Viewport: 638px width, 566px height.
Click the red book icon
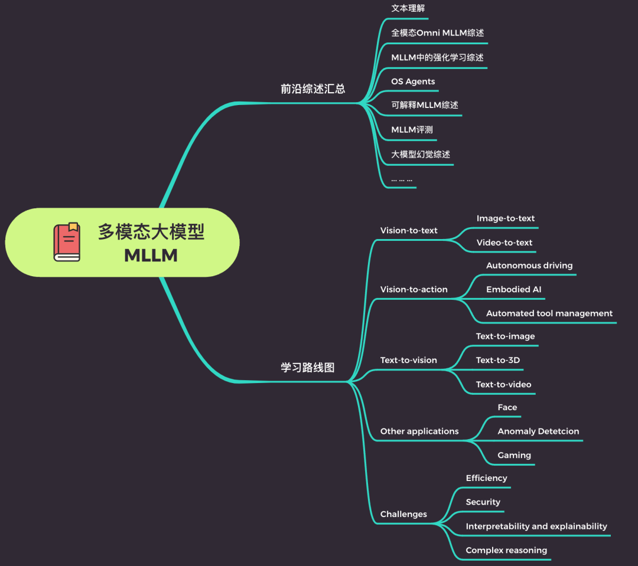[x=67, y=242]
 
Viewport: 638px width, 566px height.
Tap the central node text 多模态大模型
[x=151, y=232]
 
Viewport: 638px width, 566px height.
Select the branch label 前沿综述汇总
[x=313, y=89]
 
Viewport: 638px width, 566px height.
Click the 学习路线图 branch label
[x=307, y=368]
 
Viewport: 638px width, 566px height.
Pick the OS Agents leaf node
[x=413, y=81]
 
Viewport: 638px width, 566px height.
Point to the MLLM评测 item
[x=412, y=130]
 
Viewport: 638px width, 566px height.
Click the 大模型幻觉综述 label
[x=421, y=155]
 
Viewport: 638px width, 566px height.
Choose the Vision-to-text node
[x=409, y=231]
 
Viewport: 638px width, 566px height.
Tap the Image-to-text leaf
[x=506, y=218]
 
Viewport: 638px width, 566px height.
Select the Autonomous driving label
[x=529, y=266]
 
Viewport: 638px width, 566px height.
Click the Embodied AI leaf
[x=513, y=290]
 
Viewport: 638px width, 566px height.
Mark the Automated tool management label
[x=549, y=313]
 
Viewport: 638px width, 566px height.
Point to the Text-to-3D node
[x=498, y=360]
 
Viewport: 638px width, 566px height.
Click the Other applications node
[x=419, y=431]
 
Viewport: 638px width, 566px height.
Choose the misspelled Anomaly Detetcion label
[x=538, y=431]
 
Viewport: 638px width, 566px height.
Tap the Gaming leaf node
[x=514, y=456]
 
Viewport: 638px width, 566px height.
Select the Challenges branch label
[x=403, y=514]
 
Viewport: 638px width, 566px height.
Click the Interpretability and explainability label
[x=536, y=526]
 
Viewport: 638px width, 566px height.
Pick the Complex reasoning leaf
[x=506, y=551]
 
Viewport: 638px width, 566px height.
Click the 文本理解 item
[x=408, y=8]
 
